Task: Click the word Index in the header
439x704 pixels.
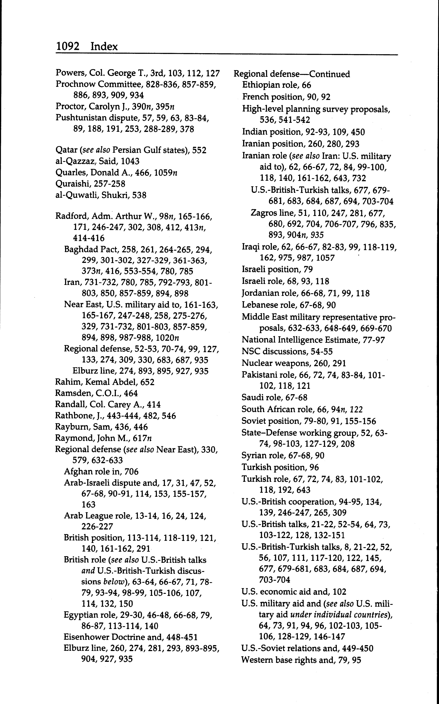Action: coord(104,46)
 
